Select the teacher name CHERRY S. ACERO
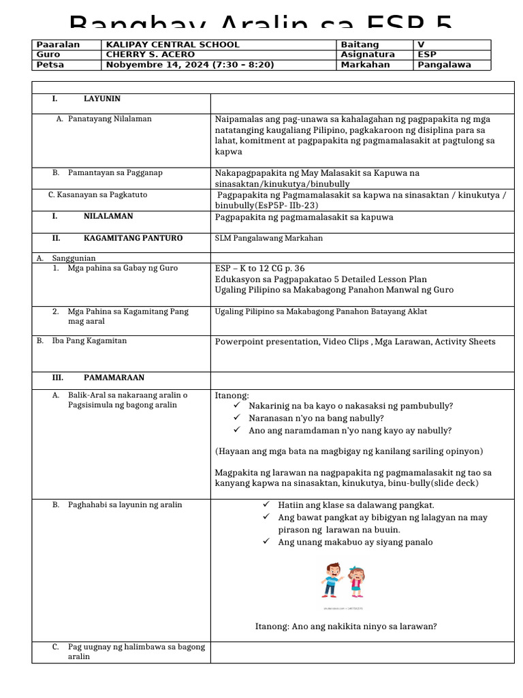(150, 55)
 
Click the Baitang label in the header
(360, 45)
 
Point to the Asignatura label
(368, 55)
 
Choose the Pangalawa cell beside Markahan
(445, 65)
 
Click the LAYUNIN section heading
(102, 99)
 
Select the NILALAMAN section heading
(108, 216)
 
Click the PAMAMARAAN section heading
(114, 378)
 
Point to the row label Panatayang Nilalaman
(110, 119)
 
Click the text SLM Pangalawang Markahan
(269, 238)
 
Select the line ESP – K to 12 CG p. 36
(260, 268)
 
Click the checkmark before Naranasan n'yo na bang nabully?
(237, 417)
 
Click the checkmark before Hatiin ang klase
(266, 504)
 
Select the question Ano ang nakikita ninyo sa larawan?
(346, 626)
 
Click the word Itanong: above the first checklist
(232, 395)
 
